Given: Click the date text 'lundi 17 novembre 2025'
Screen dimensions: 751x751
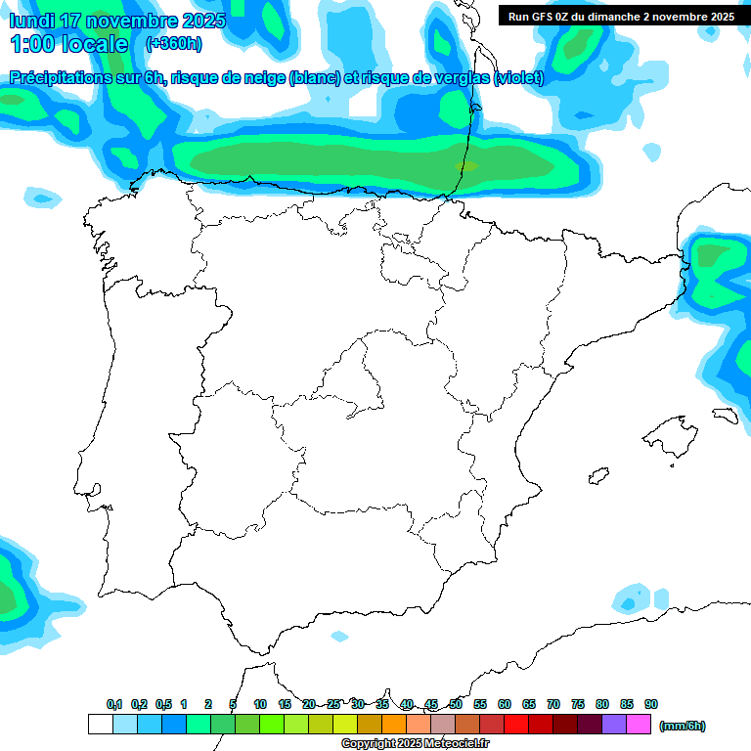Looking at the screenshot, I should tap(117, 21).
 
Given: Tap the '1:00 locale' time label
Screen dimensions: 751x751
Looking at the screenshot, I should tap(68, 44).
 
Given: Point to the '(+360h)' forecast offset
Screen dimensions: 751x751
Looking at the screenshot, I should tap(173, 44).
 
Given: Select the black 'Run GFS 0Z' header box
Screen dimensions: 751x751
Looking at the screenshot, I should tap(621, 16).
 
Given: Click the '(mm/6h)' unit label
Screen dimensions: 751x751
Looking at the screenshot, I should tap(683, 726).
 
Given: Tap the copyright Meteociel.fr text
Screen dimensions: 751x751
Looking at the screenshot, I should tap(415, 744).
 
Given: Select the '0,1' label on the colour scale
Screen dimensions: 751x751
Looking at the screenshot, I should tap(114, 705).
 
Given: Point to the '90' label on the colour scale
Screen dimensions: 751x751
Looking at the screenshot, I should tap(651, 705).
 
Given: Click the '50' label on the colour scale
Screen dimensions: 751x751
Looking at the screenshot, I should tap(456, 705).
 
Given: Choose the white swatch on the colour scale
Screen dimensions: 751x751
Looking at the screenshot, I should tap(100, 725).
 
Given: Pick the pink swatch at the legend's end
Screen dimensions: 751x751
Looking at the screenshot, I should tap(640, 725).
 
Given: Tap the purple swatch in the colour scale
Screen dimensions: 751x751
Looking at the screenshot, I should tap(615, 725).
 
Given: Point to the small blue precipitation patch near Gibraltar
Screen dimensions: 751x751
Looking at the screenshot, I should tap(339, 637).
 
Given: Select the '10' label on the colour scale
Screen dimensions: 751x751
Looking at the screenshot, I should tap(260, 705).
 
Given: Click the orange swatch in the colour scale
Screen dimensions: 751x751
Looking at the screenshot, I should tap(395, 725).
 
